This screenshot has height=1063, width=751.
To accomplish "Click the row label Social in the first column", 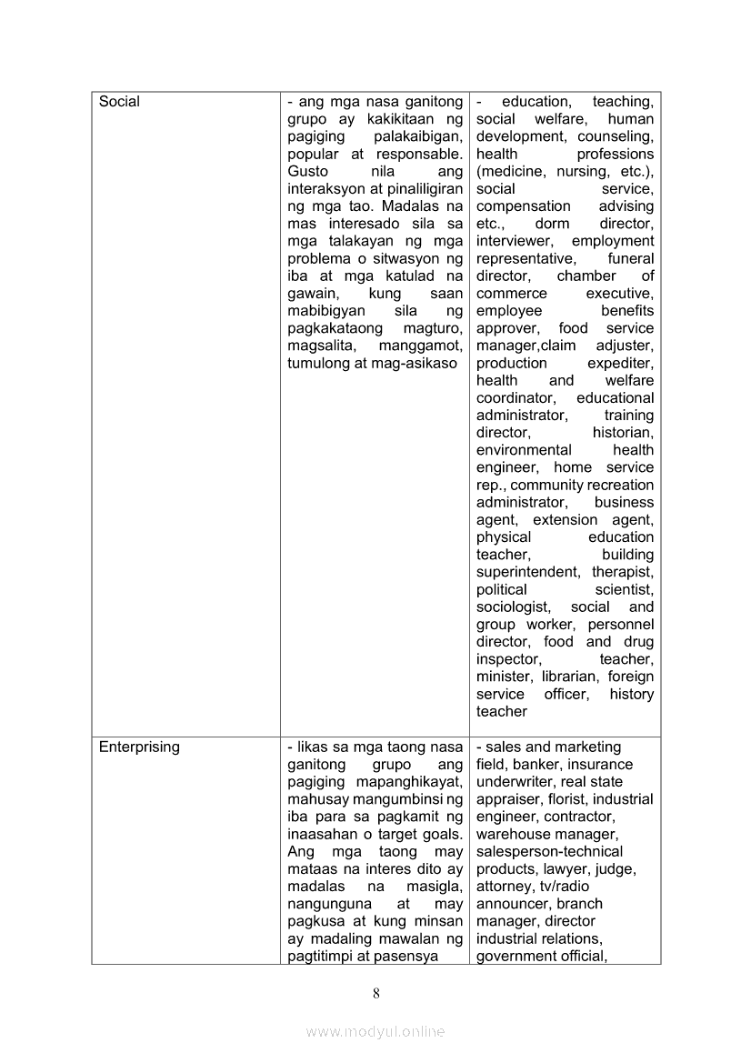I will tap(119, 102).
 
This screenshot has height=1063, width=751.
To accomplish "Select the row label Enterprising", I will tap(139, 747).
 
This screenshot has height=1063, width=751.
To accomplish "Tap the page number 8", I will tap(375, 993).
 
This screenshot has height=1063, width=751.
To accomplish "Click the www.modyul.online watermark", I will tap(375, 1031).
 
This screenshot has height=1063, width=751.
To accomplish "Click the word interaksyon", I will tap(328, 188).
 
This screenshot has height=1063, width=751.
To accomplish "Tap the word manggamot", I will tap(424, 346).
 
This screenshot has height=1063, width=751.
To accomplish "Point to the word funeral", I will tap(630, 258).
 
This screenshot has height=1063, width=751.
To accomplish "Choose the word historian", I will tap(623, 433).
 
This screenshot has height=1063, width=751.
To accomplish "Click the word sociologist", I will tap(513, 607).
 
